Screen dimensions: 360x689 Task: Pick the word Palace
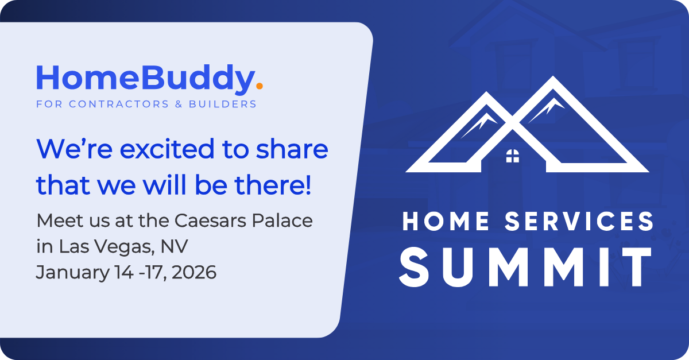tap(285, 220)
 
